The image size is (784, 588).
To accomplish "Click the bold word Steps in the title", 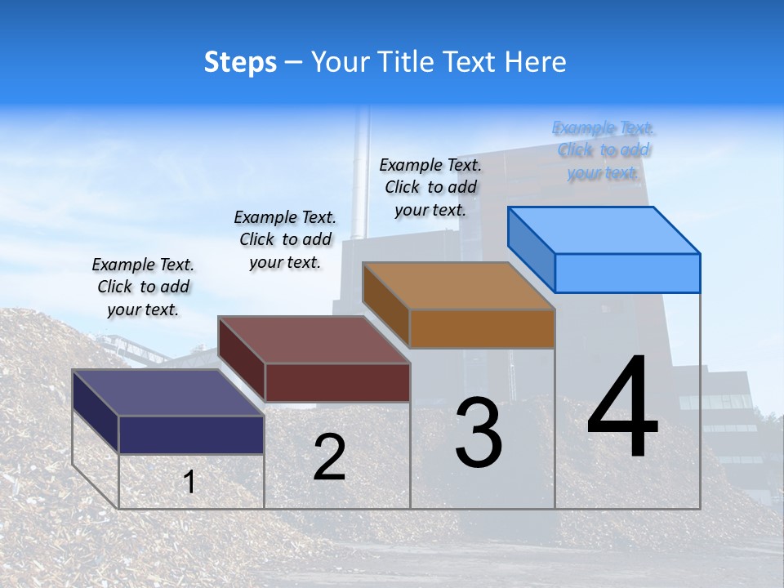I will (x=240, y=62).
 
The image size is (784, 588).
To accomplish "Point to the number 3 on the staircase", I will (x=479, y=433).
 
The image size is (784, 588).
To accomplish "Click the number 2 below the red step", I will (x=329, y=457).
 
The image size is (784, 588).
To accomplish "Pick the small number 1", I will (x=189, y=482).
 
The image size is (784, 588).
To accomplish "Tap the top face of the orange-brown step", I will (x=457, y=286).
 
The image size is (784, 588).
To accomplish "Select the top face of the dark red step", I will (x=314, y=340).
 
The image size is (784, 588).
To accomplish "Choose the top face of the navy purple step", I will (x=167, y=393).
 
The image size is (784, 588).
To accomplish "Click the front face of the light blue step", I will (x=627, y=273).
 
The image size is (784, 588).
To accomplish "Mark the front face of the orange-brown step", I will (x=482, y=328).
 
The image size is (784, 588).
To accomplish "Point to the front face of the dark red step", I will (x=337, y=382).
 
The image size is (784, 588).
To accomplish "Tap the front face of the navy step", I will (x=191, y=434).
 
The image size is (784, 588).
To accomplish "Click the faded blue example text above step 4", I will (x=604, y=150).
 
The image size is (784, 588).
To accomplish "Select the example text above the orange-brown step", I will (x=431, y=187).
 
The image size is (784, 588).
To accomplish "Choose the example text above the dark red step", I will (x=285, y=239).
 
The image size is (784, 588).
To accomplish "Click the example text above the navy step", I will (x=143, y=287).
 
